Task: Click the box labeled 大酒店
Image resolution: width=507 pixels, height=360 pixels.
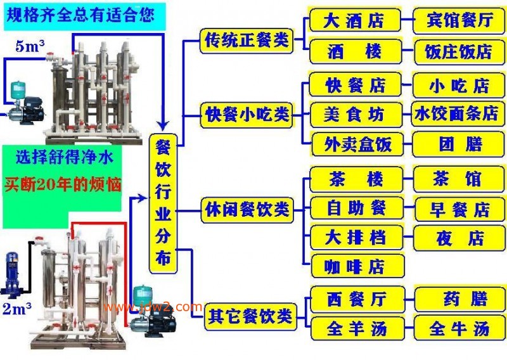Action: [355, 20]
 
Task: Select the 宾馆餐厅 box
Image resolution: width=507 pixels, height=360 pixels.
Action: [459, 20]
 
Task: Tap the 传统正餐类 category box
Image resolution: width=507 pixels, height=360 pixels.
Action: [247, 41]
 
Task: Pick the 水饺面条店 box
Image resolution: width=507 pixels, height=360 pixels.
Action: [457, 113]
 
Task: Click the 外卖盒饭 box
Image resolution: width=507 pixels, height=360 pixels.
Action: [357, 145]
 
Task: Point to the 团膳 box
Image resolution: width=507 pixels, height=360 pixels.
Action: [458, 145]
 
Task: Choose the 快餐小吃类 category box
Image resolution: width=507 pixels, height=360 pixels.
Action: [247, 115]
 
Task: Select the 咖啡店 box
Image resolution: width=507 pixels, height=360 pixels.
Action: [357, 266]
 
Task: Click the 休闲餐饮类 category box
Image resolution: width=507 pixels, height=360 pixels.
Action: [247, 210]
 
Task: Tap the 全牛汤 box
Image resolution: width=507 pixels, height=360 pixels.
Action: [459, 328]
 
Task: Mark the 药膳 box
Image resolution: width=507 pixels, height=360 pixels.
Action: [459, 299]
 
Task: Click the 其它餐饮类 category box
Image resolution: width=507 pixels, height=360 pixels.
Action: [250, 316]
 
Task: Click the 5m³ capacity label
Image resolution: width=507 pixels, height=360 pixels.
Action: [30, 46]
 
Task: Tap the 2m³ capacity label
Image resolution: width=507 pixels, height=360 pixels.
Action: [17, 309]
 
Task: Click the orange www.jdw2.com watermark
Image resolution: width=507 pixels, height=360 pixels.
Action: [153, 307]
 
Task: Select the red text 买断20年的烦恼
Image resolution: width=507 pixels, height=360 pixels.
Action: [63, 184]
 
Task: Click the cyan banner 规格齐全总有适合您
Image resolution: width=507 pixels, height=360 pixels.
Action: [81, 15]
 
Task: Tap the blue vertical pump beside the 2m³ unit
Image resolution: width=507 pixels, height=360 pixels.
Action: [11, 275]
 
